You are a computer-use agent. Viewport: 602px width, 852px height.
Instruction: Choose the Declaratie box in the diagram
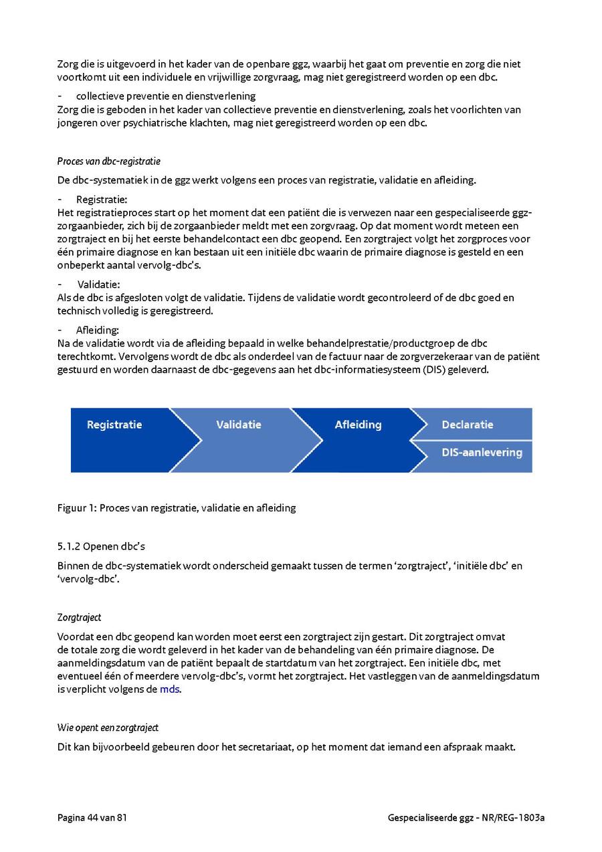point(468,425)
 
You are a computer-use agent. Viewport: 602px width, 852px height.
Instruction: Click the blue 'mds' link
point(169,689)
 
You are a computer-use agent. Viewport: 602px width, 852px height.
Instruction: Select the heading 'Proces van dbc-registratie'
point(109,161)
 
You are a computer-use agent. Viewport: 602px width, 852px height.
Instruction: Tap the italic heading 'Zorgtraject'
point(79,617)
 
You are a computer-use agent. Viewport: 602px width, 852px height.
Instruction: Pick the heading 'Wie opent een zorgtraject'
point(108,728)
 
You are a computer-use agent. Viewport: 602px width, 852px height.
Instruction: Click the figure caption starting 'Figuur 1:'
point(177,508)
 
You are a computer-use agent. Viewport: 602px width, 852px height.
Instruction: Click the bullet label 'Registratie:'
point(102,199)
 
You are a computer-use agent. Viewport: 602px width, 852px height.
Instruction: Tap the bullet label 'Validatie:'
point(98,284)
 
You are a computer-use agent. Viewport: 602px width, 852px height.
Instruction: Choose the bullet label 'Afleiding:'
point(98,330)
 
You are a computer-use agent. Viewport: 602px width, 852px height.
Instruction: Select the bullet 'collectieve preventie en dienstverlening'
point(166,96)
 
